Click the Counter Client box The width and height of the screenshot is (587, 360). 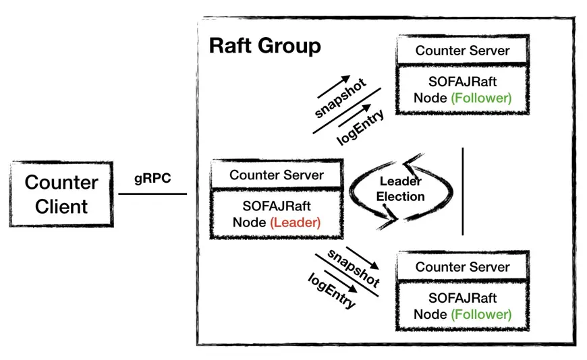coord(61,194)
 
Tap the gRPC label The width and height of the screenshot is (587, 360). coord(152,179)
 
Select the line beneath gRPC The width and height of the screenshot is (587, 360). coord(152,194)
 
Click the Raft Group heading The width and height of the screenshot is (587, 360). coord(264,46)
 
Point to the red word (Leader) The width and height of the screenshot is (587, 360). coord(296,222)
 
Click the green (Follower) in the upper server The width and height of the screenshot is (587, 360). coord(481,98)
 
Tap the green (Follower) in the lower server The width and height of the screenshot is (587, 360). coord(481,314)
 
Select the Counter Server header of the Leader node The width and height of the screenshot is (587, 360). coord(277,175)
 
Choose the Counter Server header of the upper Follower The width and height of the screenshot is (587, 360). coord(462,51)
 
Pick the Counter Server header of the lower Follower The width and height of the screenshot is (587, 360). coord(462,267)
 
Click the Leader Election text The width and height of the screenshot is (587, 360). coord(400,189)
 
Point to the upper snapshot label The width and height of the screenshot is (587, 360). coord(340,98)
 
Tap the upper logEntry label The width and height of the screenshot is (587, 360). coord(360,127)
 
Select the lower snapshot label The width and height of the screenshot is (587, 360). coord(354,268)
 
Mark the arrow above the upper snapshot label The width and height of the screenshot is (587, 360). coord(333,86)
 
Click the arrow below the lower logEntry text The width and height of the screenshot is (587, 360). coord(341,281)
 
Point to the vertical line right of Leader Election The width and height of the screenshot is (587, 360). coord(463,191)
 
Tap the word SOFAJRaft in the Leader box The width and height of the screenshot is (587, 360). coord(277,206)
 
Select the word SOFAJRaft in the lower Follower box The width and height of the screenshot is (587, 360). coord(462,298)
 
